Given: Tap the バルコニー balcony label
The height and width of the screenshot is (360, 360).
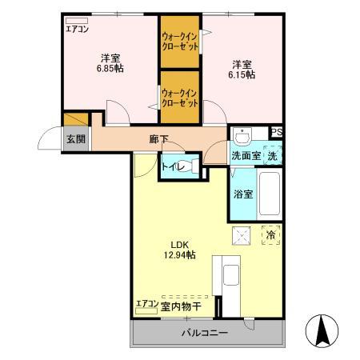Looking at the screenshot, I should [204, 333].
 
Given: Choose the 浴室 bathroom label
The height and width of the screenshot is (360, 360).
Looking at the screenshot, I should [243, 194].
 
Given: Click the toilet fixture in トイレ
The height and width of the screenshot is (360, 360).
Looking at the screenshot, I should [186, 167].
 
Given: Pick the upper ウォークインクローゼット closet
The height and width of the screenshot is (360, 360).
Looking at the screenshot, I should [180, 42].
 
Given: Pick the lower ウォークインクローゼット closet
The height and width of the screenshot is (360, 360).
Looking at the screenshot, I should [180, 98].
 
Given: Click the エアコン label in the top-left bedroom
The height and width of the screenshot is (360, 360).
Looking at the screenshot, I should [78, 30].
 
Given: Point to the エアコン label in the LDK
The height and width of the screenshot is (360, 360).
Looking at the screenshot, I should [146, 304].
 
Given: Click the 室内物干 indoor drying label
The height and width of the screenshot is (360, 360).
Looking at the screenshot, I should [181, 306].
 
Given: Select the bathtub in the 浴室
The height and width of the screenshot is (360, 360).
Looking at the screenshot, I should [270, 194].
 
